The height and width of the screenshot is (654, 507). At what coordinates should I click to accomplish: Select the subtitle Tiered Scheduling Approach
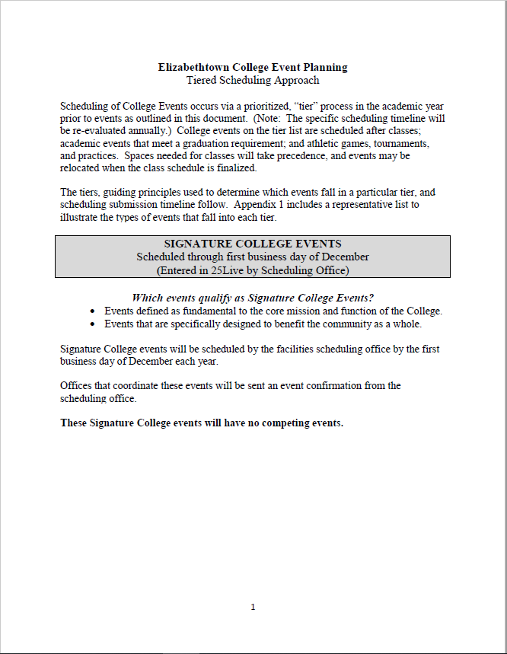[253, 80]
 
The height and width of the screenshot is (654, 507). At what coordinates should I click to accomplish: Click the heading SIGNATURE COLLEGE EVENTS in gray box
[253, 244]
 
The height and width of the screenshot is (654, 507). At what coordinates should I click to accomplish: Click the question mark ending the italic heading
[371, 297]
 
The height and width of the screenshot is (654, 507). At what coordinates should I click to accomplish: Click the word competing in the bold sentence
[288, 423]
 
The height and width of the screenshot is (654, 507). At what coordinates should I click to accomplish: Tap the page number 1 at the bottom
[253, 607]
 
